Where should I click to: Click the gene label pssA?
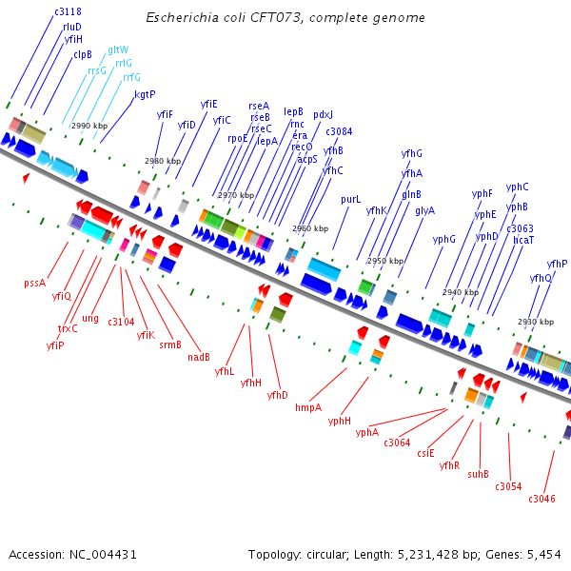[34, 283]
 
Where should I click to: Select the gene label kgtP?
[145, 94]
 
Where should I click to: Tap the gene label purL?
[351, 200]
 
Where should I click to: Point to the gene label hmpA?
[308, 407]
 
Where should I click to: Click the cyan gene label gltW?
[118, 49]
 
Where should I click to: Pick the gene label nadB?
[199, 358]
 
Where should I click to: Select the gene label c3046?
[541, 499]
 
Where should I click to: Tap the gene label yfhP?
[557, 264]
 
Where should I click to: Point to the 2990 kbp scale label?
[89, 126]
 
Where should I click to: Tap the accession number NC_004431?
[103, 554]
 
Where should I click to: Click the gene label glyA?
[424, 211]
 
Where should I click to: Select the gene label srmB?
[170, 345]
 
